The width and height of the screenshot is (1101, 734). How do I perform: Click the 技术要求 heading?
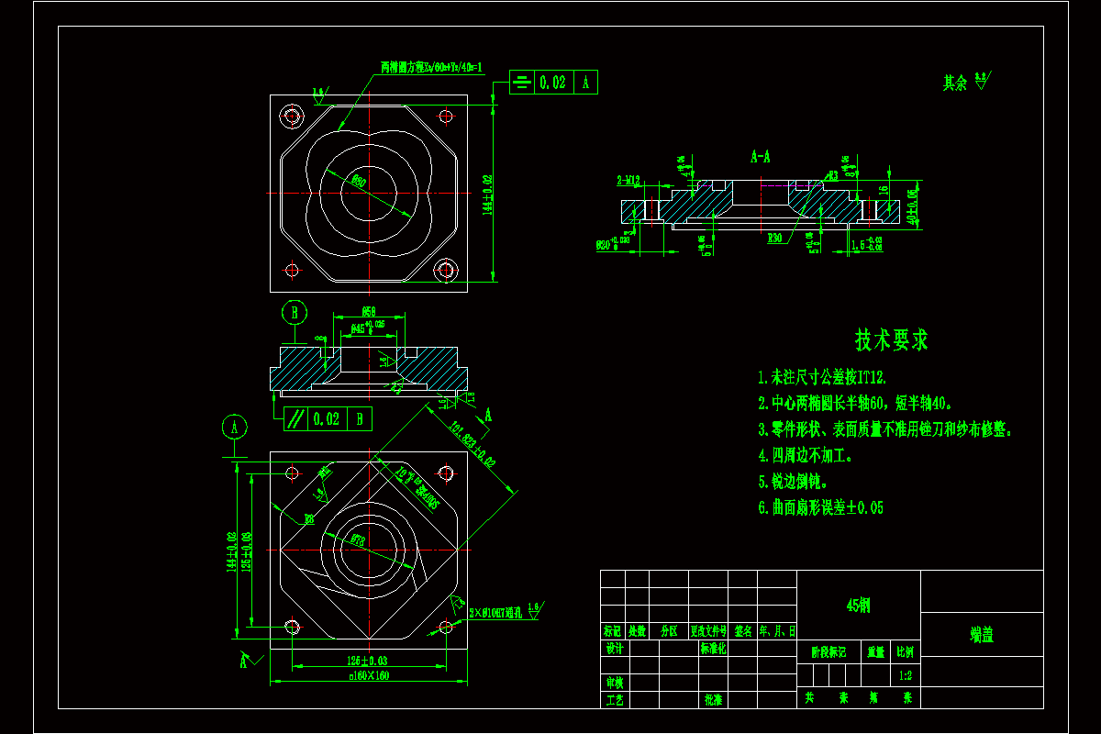[891, 340]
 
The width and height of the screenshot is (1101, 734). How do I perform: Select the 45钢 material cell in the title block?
[858, 606]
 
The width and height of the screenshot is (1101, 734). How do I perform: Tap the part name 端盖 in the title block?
[981, 634]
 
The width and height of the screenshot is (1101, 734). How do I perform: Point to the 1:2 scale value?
[905, 675]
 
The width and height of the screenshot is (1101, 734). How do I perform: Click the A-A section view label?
[761, 157]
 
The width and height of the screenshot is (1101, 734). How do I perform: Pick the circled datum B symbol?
[294, 313]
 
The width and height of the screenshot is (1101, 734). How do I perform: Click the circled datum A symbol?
[236, 427]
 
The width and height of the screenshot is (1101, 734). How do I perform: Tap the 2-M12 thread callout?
[628, 180]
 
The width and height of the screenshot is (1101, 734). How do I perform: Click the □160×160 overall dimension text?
[369, 676]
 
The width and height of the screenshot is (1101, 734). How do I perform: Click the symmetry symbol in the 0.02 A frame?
[521, 83]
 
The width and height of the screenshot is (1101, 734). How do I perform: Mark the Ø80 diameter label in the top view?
[359, 182]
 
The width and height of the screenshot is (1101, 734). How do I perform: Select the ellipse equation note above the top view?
[431, 68]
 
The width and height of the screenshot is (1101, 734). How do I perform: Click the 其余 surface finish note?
[955, 83]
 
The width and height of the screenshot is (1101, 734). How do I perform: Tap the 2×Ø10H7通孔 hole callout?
[495, 611]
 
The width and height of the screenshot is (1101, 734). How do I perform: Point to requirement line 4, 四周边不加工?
[806, 455]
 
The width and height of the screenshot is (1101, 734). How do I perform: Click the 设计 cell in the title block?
[614, 649]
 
